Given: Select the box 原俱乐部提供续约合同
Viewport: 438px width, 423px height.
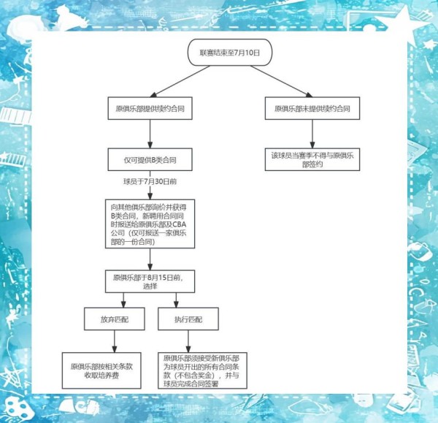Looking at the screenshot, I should click(150, 107).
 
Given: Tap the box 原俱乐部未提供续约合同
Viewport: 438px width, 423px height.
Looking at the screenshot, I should click(312, 107).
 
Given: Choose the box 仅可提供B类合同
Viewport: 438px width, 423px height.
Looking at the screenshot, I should click(150, 159).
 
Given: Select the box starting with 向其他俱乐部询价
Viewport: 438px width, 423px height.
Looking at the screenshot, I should click(149, 221).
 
